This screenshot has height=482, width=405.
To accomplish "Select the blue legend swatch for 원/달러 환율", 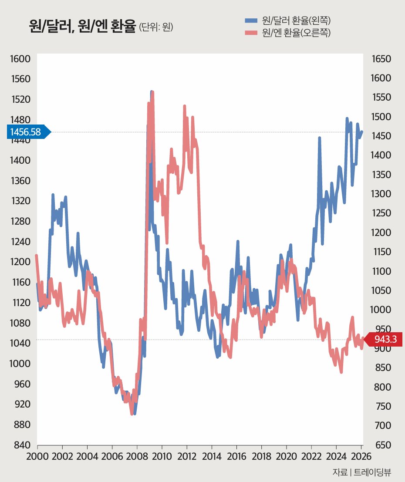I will [251, 20].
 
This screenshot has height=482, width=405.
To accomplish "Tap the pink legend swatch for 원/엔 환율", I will [251, 33].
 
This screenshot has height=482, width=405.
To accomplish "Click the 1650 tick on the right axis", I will [381, 59].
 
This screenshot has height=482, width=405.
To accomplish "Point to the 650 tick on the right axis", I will [382, 445].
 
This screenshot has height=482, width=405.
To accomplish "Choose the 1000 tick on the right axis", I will [381, 310].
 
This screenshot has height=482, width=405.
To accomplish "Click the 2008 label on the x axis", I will [137, 456].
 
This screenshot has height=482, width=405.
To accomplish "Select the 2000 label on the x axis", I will [37, 456].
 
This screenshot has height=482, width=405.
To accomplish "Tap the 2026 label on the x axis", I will [361, 456].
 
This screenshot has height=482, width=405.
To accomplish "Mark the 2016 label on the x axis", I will [236, 456].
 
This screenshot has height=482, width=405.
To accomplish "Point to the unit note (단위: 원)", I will [156, 27].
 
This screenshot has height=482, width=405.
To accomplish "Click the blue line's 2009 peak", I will [151, 92].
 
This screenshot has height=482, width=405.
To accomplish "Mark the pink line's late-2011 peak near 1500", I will [185, 106].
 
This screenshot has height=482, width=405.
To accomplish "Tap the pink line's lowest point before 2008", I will [132, 414].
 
